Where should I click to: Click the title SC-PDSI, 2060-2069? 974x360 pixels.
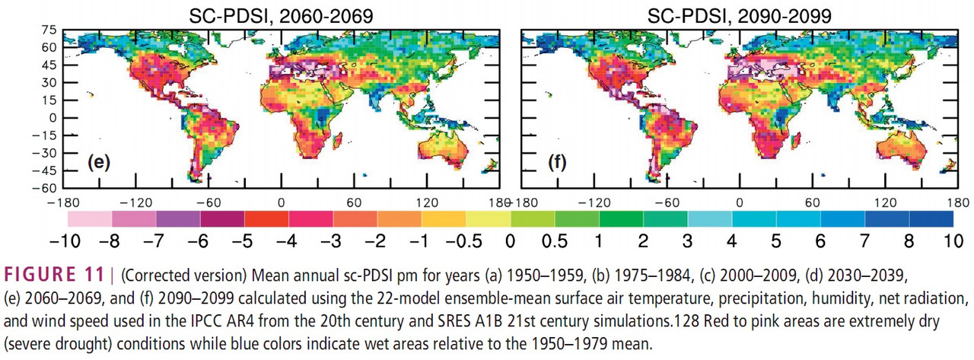tap(281, 16)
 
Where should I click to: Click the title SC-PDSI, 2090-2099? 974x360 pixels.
tap(739, 16)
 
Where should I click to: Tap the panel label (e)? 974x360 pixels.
tap(99, 162)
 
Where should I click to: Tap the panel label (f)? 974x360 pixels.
tap(556, 162)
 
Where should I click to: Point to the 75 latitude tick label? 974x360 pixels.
tap(49, 30)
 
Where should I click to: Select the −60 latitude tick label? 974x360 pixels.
tap(44, 188)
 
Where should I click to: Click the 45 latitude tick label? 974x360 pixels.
tap(49, 65)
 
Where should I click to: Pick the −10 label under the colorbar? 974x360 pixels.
tap(65, 241)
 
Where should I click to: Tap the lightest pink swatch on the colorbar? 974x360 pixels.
tap(90, 218)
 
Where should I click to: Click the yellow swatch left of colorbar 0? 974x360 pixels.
tap(489, 218)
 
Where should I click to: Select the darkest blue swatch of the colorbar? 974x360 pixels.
tap(931, 218)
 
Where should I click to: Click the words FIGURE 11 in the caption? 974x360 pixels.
tap(54, 275)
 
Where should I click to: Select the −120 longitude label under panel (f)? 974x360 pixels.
tap(594, 202)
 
